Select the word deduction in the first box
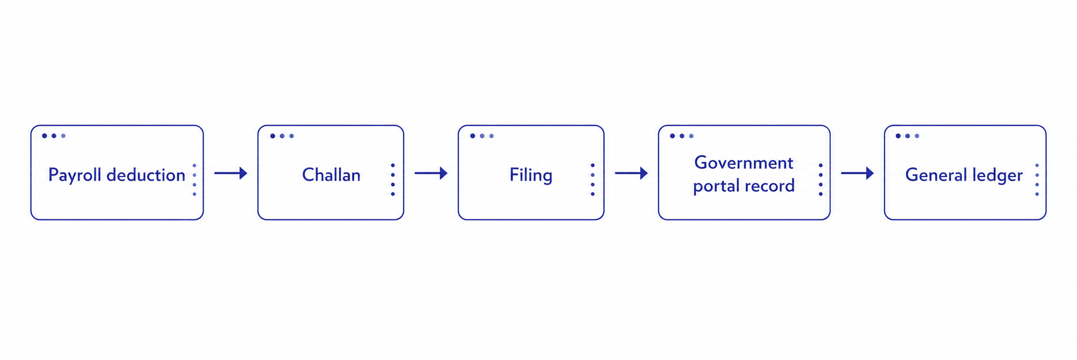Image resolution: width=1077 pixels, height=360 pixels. coord(146,175)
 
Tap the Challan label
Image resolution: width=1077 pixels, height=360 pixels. coord(331,175)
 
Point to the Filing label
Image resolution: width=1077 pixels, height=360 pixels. coord(531,176)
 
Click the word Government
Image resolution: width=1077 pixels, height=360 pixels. coord(744,163)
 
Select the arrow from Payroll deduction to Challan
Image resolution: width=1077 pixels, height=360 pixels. coord(231,173)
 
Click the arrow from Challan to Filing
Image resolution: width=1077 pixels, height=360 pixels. coord(431,173)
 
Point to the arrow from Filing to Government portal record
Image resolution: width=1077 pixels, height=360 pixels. coord(631,173)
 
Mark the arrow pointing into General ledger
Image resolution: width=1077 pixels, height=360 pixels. coord(857,173)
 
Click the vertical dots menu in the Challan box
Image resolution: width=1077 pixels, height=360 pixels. coord(393,180)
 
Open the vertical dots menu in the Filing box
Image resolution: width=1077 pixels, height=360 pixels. coord(593,180)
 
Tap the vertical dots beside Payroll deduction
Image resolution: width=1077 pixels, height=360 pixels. coord(194,180)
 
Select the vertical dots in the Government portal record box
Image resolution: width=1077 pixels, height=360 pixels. coord(821,180)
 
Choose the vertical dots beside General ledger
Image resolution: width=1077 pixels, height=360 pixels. coord(1037,180)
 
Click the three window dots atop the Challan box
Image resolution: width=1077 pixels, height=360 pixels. coord(282,136)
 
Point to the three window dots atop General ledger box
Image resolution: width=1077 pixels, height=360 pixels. coord(908,136)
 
